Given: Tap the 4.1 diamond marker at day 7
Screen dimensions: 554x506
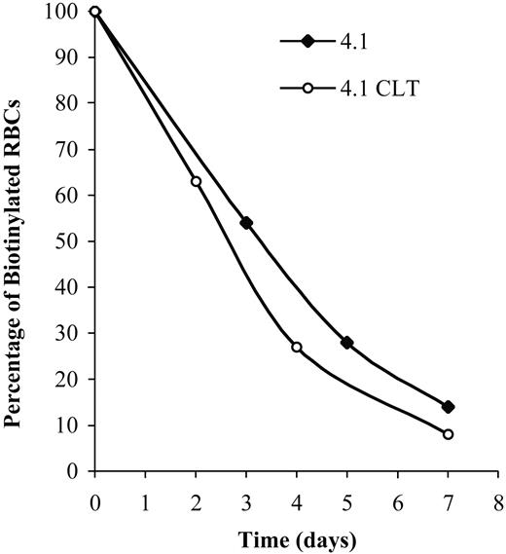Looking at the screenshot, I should (448, 407).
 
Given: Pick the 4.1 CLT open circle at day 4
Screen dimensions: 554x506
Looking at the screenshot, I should (296, 347).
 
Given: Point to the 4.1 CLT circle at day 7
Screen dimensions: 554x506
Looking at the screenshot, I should (448, 434).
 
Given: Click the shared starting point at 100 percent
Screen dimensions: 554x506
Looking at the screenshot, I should (94, 12).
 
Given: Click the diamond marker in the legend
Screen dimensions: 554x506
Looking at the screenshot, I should (307, 41).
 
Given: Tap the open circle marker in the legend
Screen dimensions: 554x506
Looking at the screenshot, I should (307, 88).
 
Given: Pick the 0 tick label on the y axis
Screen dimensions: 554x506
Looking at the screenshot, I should (75, 471).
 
